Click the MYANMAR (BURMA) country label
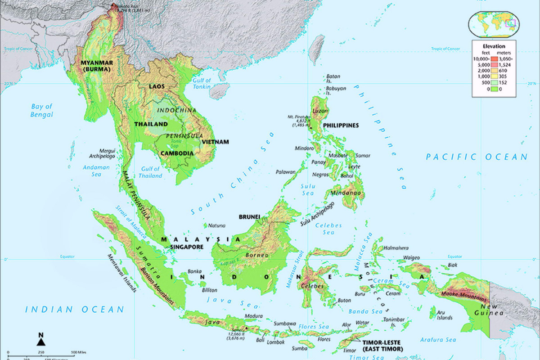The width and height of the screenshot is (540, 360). coord(96,66)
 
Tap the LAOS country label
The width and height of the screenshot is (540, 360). coord(157,85)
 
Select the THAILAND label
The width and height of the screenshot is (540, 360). coord(151,124)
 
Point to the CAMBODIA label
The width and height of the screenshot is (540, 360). coord(179,153)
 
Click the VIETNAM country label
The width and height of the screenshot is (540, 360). coord(215,142)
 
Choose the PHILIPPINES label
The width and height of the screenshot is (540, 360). coord(341,125)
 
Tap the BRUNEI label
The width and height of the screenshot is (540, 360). coord(249,216)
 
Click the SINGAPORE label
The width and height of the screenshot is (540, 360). coord(187,247)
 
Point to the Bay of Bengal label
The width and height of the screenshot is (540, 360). coord(42,111)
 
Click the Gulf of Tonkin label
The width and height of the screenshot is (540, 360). coord(202,83)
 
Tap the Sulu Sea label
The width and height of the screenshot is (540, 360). coord(308,189)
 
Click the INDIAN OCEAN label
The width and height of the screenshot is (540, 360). coord(74,309)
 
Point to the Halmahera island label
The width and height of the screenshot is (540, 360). coord(396,248)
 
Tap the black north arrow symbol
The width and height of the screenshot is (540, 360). coord(40,342)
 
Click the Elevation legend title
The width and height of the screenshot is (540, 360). coord(494,46)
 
